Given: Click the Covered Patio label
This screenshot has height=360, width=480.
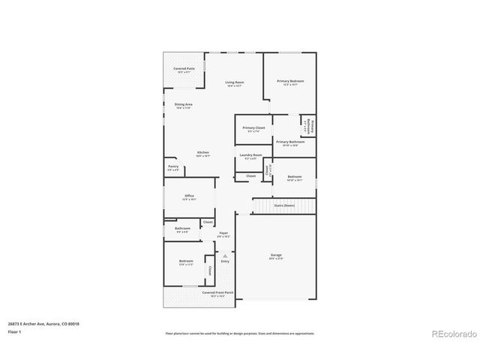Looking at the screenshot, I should tap(184, 69).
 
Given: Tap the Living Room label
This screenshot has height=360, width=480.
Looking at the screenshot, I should tap(235, 82).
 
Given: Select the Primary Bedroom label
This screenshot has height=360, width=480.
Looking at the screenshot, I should tap(289, 80).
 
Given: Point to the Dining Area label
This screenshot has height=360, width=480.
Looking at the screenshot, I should tap(184, 104).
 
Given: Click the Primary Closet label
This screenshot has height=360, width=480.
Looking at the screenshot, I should tap(253, 128).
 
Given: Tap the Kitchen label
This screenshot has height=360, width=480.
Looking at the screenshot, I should tap(203, 152).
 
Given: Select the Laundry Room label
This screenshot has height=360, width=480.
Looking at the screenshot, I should tap(251, 155).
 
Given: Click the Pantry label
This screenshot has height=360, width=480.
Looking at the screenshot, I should tap(173, 166).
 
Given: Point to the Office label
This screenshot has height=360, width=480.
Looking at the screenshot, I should tap(190, 196).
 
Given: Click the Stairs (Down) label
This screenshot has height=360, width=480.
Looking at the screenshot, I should tap(284, 205).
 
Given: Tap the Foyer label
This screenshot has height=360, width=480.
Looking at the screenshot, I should tap(223, 233).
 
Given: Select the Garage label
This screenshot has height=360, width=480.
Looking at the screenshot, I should tap(276, 256).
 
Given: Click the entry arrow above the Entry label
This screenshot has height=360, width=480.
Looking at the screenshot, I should tap(224, 255).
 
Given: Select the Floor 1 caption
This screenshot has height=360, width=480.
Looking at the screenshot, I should tap(16, 331).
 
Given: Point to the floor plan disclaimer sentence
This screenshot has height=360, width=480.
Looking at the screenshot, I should tap(239, 333).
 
